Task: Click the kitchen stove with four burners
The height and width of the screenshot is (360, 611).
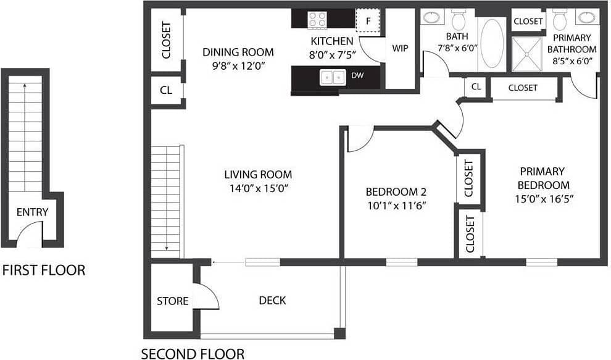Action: point(317,19)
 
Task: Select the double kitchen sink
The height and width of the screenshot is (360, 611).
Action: point(332,77)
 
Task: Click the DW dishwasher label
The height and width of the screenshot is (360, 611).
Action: point(357,75)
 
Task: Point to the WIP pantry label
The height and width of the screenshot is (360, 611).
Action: point(399,48)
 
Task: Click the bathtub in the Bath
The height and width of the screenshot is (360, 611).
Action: point(491,43)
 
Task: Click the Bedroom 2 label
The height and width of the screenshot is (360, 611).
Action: point(396,191)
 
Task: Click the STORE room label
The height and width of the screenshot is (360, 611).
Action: point(172,301)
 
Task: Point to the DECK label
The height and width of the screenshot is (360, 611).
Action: point(272,301)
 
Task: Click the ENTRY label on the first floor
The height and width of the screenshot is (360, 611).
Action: point(32,212)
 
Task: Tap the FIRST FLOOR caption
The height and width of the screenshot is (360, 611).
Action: point(44,270)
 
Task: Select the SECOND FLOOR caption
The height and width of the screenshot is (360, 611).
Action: point(193,354)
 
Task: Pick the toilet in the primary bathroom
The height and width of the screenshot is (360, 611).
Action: point(560,20)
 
